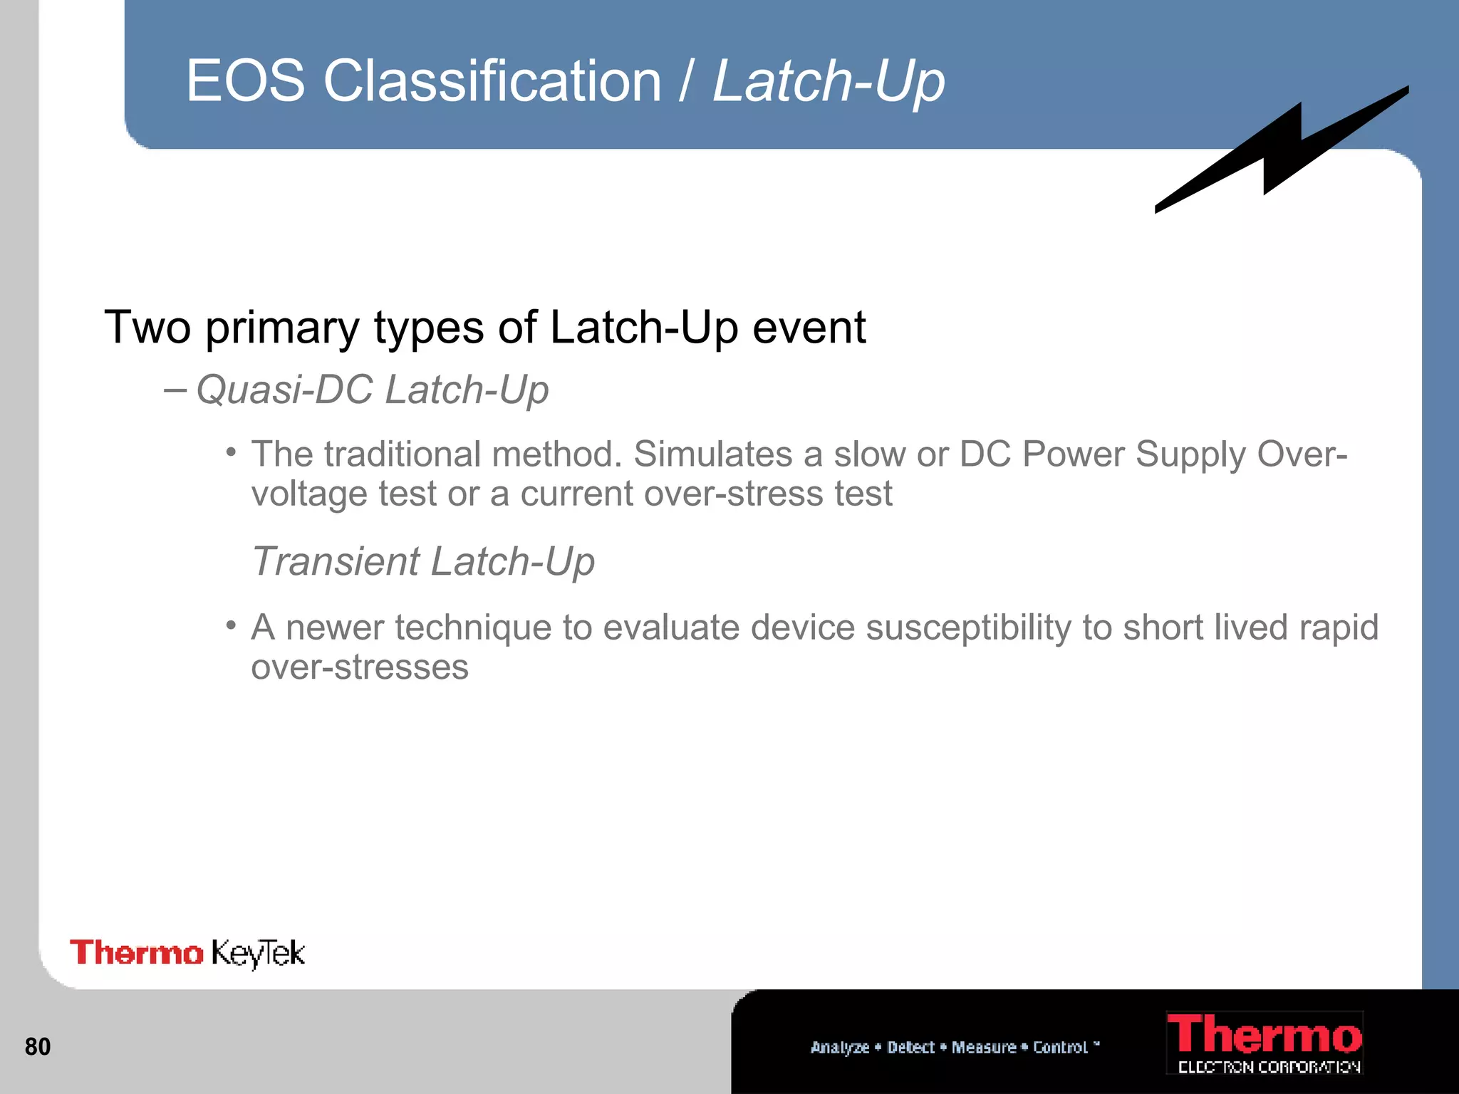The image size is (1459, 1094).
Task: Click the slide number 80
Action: [38, 1046]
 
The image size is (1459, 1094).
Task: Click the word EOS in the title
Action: [246, 80]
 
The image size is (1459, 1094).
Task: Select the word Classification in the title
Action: [492, 80]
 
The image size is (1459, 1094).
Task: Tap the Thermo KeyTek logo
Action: [187, 953]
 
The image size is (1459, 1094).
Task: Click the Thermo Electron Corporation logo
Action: [1265, 1043]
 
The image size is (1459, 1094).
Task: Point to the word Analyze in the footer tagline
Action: [840, 1047]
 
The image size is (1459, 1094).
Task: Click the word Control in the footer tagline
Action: [1060, 1047]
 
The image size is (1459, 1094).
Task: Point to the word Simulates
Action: [712, 454]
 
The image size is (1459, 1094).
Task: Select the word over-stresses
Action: [360, 667]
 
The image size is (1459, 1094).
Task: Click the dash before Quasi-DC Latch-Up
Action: [175, 390]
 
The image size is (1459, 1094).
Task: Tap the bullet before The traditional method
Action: [230, 452]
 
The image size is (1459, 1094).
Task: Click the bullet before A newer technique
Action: [230, 625]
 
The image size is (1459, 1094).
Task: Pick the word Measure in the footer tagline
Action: [984, 1047]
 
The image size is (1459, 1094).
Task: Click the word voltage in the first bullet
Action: [309, 494]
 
